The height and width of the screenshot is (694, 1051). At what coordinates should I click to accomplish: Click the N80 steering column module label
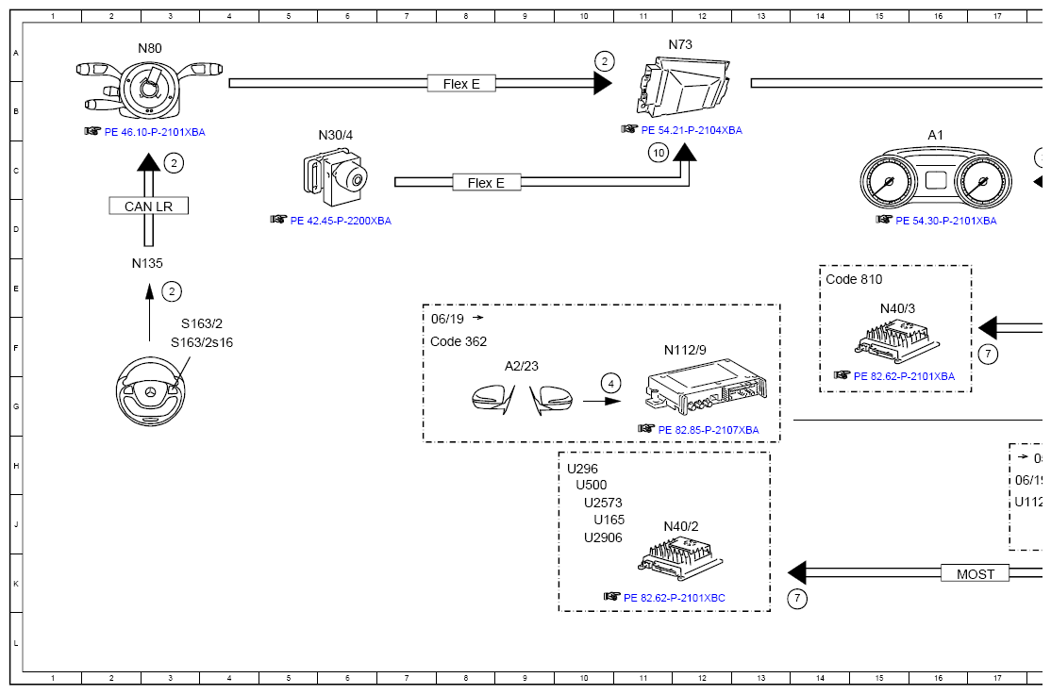[150, 48]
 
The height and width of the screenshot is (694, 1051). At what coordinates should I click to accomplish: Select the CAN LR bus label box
[149, 207]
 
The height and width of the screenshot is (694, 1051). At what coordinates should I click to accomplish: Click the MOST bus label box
[975, 573]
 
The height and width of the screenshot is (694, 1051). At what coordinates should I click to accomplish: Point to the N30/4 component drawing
[336, 177]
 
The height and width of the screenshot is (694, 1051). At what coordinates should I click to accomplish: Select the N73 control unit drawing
[683, 88]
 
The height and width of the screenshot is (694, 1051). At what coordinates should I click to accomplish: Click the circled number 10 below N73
[659, 153]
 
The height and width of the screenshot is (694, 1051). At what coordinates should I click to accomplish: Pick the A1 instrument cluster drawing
[935, 181]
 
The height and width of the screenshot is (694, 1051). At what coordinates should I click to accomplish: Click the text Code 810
[854, 279]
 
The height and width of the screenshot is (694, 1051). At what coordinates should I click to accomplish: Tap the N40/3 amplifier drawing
[897, 339]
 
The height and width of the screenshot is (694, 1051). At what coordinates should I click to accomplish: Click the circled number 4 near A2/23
[611, 383]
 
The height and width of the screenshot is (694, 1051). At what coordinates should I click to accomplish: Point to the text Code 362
[459, 341]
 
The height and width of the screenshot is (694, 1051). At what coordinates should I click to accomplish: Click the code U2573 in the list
[603, 503]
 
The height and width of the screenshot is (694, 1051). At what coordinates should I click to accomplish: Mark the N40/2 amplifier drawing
[681, 557]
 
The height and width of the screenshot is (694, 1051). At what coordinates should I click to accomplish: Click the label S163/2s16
[201, 342]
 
